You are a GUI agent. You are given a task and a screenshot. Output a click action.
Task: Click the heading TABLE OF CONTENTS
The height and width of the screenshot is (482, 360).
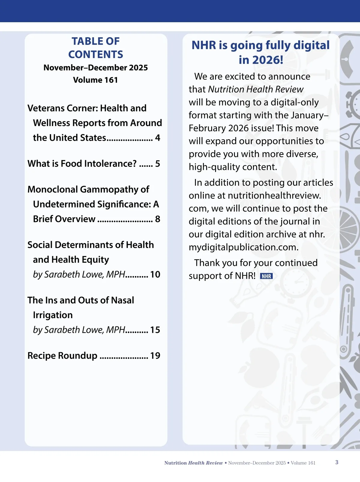[95, 48]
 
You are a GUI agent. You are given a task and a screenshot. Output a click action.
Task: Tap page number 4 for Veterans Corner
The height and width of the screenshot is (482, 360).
[157, 138]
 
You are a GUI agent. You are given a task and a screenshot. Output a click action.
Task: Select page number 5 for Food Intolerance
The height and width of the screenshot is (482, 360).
[157, 164]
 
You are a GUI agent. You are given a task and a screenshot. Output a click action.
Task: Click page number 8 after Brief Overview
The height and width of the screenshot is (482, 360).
[157, 219]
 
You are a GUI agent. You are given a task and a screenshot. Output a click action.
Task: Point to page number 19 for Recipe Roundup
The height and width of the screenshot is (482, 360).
[155, 356]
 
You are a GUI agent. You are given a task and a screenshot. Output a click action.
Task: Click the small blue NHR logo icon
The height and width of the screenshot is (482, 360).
[266, 276]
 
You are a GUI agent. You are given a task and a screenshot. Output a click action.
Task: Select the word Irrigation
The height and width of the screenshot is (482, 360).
[53, 315]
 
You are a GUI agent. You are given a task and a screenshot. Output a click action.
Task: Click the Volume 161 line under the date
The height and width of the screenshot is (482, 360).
[95, 80]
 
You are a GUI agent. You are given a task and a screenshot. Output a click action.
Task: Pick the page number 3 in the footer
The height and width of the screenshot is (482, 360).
[337, 462]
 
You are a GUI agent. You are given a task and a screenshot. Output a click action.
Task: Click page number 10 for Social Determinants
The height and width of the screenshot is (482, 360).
[155, 275]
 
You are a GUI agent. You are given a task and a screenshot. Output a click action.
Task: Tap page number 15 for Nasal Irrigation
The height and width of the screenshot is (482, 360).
[155, 330]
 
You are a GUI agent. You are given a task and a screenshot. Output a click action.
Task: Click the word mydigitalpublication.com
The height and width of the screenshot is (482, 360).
[244, 247]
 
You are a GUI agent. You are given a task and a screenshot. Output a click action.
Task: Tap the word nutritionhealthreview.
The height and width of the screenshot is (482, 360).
[274, 196]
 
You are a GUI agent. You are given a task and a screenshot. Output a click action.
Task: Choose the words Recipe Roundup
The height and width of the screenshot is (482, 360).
[62, 356]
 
